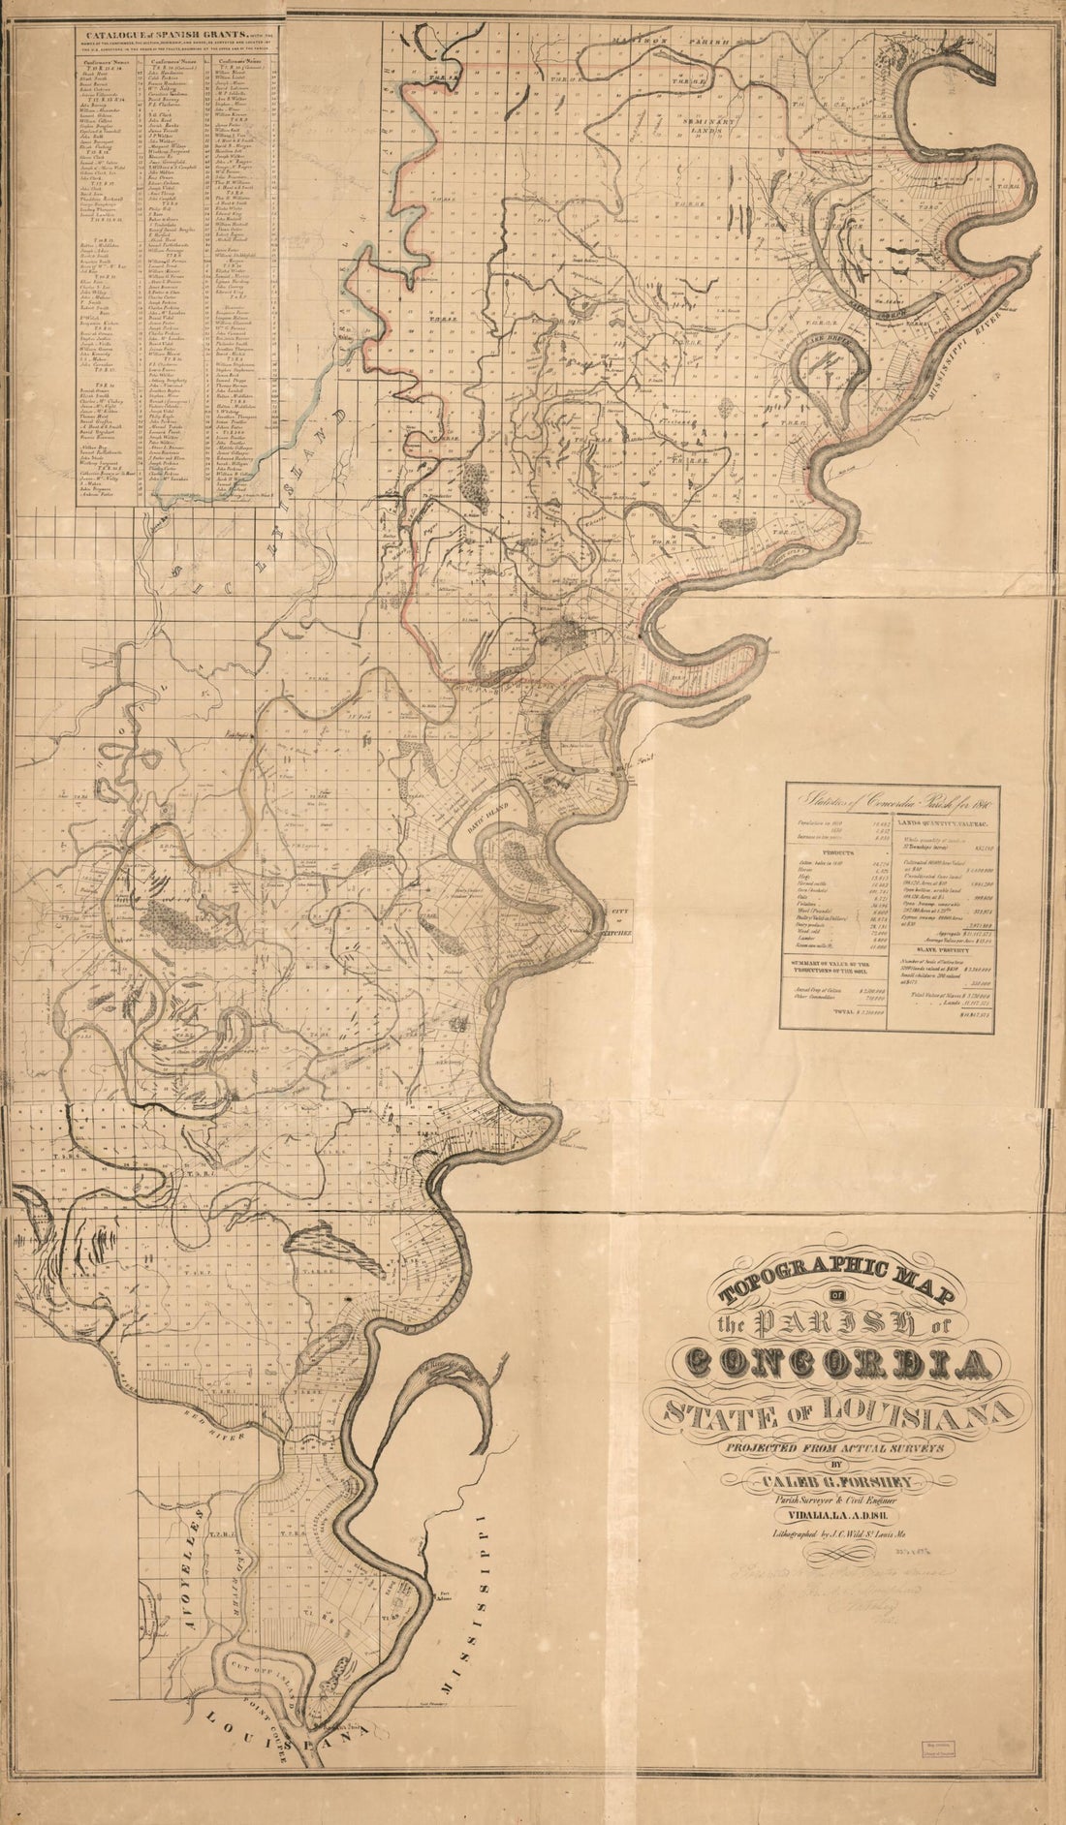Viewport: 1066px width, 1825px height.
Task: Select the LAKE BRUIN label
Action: point(830,343)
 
